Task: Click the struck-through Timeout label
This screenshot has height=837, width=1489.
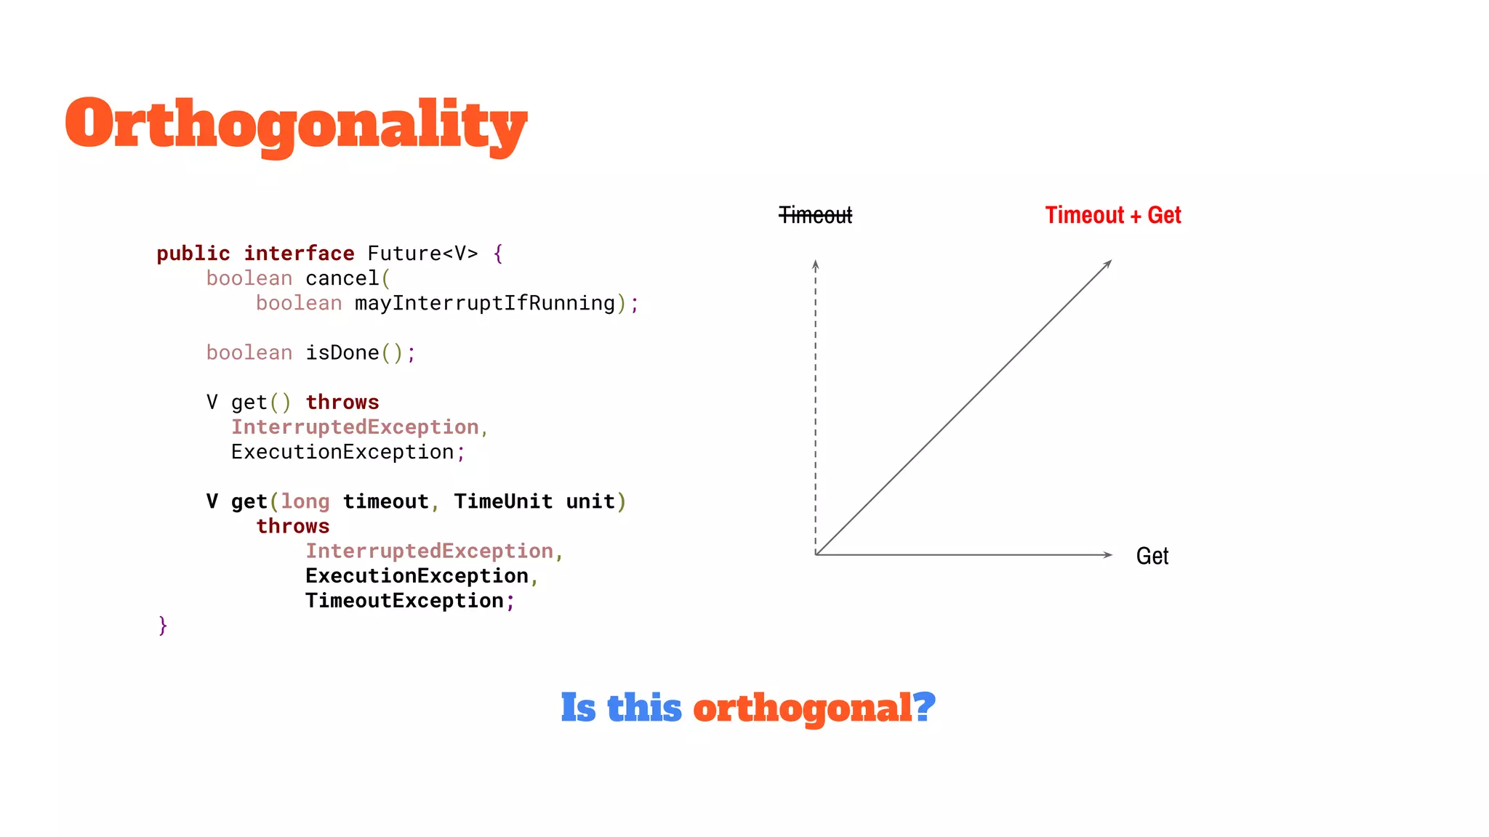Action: point(815,216)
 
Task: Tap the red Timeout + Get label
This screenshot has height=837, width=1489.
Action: point(1112,216)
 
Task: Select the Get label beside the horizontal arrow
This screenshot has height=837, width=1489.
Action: point(1152,557)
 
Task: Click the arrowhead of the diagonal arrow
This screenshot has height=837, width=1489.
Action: point(1109,263)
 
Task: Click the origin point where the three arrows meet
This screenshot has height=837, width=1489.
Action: point(816,555)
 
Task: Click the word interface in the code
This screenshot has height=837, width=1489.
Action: point(299,254)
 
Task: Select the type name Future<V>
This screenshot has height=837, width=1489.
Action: point(422,254)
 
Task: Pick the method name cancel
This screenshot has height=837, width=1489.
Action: point(342,278)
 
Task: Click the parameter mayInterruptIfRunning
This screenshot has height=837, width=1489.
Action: point(485,303)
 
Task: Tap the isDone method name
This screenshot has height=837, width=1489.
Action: point(342,353)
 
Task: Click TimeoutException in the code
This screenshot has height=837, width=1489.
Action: point(404,601)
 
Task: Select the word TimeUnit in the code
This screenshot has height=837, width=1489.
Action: point(503,502)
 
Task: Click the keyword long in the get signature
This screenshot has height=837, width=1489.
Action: point(305,502)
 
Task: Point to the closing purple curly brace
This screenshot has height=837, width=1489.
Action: point(163,625)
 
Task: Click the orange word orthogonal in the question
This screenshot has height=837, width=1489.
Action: point(801,708)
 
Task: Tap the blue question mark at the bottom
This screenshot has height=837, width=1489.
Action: point(923,707)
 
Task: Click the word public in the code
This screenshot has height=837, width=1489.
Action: point(193,254)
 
